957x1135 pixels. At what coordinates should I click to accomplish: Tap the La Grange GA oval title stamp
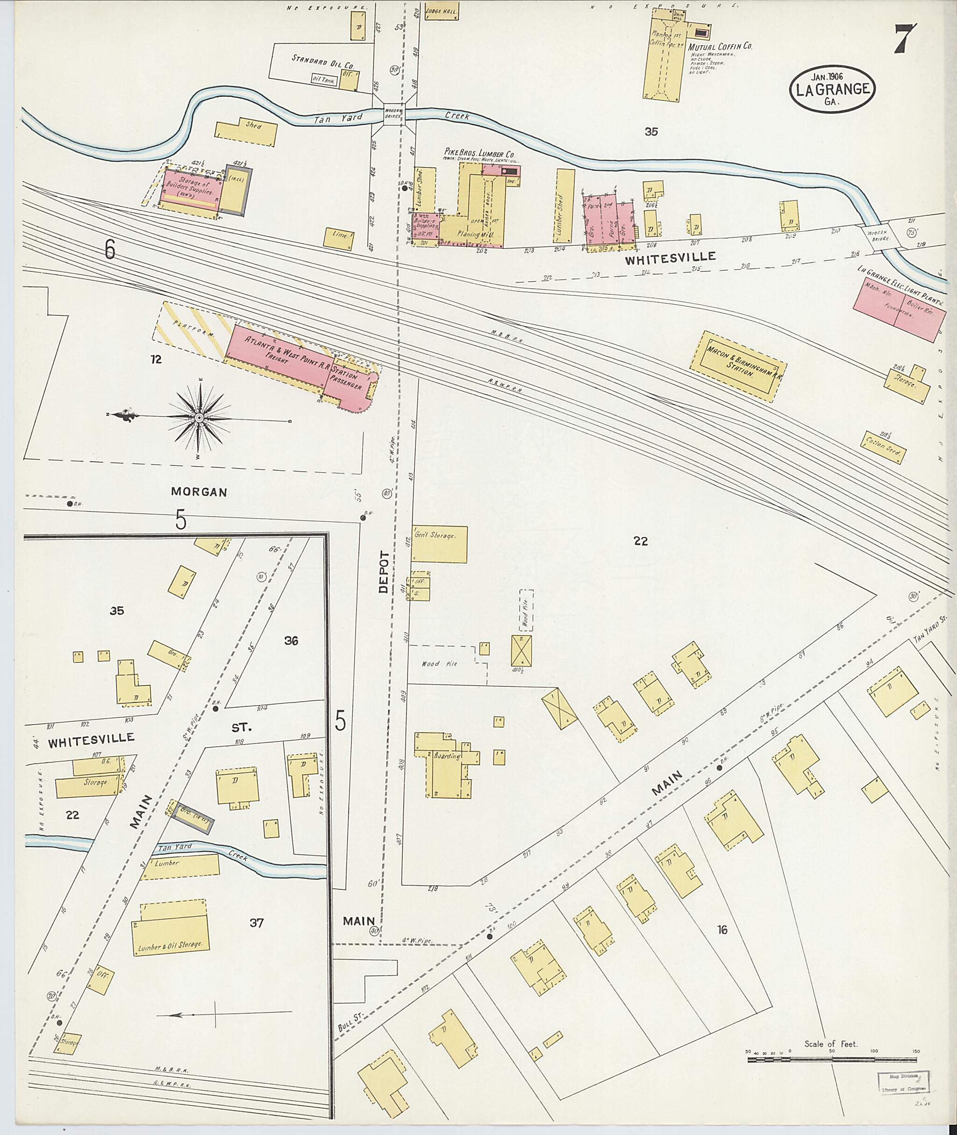832,89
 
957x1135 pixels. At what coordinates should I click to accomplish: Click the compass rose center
199,418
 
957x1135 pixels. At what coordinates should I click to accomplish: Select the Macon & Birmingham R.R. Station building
738,366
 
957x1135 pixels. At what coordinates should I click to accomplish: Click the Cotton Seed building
883,448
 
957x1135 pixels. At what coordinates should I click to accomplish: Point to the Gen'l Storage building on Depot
439,543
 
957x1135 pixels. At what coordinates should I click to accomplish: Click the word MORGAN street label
199,492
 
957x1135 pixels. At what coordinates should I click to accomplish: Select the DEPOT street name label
384,572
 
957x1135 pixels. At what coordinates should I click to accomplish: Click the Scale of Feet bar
833,1058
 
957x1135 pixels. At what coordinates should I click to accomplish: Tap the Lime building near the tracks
339,239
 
